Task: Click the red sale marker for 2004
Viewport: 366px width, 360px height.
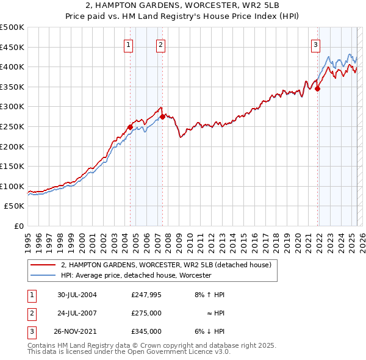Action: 131,127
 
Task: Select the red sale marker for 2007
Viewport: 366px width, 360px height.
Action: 162,116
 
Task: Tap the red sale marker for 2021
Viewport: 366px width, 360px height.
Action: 318,88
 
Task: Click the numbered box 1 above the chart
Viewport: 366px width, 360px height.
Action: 129,44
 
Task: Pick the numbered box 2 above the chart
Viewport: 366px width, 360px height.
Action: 160,44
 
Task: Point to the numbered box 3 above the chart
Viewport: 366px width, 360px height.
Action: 315,44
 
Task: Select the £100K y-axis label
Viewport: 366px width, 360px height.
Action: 12,186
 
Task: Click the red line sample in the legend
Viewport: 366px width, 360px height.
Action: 43,265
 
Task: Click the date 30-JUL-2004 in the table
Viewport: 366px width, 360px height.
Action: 77,295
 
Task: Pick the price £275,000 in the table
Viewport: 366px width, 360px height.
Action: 146,313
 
